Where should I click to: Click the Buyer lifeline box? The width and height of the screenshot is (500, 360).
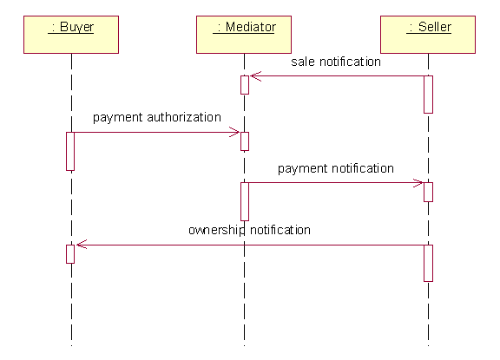pos(71,35)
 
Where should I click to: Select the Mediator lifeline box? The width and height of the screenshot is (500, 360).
pos(244,35)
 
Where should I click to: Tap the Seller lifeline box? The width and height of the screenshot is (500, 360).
pos(428,35)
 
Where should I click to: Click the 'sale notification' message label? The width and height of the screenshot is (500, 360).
pos(336,62)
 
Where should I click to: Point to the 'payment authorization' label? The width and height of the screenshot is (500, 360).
pos(157,118)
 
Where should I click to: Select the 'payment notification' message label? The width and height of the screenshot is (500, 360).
pos(336,168)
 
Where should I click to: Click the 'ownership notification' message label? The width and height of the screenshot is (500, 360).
pos(249,230)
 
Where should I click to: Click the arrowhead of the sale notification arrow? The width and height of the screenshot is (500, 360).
pos(255,76)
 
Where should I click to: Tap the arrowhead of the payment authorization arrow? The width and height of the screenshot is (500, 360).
pos(234,132)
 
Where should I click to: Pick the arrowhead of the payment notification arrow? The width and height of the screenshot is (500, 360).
pos(418,183)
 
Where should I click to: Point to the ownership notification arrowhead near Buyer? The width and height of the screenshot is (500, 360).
pos(82,245)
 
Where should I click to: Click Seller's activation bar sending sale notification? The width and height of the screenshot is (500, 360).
pos(428,95)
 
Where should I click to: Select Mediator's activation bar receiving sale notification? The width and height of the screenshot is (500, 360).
pos(245,85)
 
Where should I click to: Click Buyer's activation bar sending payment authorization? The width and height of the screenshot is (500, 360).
pos(70,151)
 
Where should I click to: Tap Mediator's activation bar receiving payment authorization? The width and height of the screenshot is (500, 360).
pos(245,141)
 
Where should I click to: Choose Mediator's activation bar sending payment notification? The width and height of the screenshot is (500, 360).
pos(245,201)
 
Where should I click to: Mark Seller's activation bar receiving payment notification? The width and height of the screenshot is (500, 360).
pos(428,192)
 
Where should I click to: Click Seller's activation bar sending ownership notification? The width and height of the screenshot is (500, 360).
pos(428,263)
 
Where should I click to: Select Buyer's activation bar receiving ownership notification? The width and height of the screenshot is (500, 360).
pos(70,254)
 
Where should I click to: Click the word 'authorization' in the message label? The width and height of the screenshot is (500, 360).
pos(184,117)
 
